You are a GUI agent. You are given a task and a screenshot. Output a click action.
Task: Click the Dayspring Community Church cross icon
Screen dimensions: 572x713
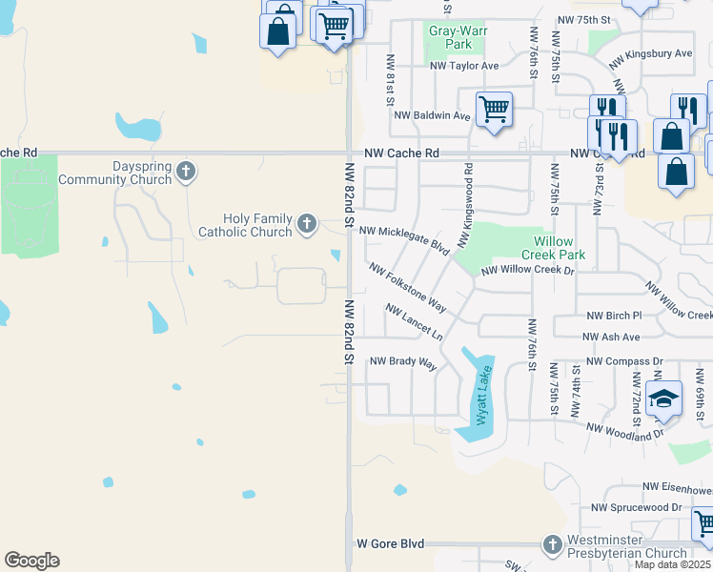[x=186, y=172]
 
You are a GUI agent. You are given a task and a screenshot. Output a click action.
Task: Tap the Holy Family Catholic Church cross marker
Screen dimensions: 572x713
[x=306, y=223]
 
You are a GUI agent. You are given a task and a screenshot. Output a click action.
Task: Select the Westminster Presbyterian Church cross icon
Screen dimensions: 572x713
[x=552, y=544]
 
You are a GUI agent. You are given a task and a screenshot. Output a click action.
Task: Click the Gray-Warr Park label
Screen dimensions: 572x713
[x=451, y=37]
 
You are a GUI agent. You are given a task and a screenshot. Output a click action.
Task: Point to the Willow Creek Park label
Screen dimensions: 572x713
[x=553, y=248]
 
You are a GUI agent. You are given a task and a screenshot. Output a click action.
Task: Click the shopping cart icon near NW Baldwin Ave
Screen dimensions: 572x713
[x=494, y=109]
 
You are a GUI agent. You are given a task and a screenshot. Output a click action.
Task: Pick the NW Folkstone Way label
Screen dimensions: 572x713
[x=408, y=288]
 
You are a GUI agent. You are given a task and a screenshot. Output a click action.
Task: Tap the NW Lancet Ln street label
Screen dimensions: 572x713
[x=415, y=322]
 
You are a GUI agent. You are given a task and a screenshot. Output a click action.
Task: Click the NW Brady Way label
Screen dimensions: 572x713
[x=402, y=362]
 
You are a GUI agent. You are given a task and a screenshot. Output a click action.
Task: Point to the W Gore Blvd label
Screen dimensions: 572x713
[x=390, y=543]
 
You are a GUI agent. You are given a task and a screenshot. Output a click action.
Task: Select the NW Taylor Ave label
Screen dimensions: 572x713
[x=464, y=66]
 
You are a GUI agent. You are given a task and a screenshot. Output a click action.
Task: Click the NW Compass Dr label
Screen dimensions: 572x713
[x=624, y=361]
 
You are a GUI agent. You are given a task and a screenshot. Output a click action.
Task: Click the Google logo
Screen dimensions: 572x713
[x=31, y=561]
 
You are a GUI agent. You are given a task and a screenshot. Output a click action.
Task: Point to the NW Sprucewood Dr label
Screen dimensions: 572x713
[x=637, y=508]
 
